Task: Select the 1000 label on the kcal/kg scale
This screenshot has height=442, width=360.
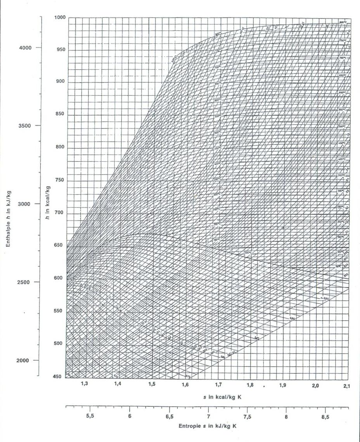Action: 60,18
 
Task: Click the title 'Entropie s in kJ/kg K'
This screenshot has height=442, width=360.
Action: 208,426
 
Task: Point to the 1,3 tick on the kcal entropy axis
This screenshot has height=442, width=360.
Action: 84,384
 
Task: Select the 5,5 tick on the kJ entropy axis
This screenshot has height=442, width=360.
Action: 90,416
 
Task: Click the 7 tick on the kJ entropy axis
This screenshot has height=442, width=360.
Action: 208,416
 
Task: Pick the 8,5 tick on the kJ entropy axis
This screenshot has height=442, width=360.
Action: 325,417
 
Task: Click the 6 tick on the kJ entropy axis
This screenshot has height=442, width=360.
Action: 130,416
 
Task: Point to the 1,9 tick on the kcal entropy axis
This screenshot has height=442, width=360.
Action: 282,385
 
